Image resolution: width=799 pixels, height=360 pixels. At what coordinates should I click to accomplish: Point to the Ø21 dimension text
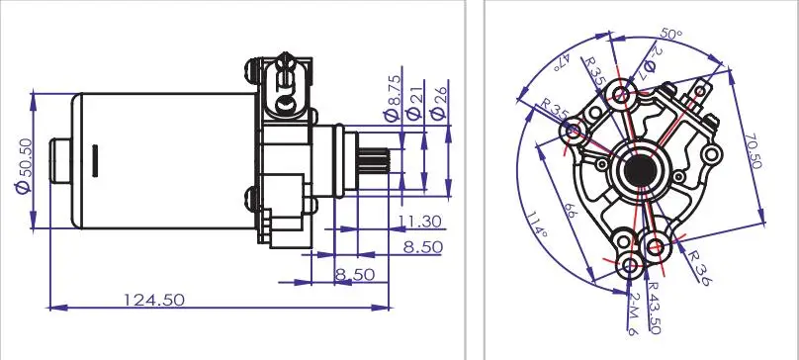pyautogui.click(x=416, y=101)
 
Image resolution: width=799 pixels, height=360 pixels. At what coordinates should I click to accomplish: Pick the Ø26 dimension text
pyautogui.click(x=440, y=101)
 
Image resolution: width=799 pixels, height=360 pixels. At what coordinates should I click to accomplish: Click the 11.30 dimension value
pyautogui.click(x=419, y=221)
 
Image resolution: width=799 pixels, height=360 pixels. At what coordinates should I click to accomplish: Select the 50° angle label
pyautogui.click(x=672, y=35)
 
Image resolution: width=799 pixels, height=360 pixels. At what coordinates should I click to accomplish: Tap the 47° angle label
pyautogui.click(x=564, y=60)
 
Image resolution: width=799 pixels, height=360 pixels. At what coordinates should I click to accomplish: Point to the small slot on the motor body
pyautogui.click(x=93, y=158)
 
